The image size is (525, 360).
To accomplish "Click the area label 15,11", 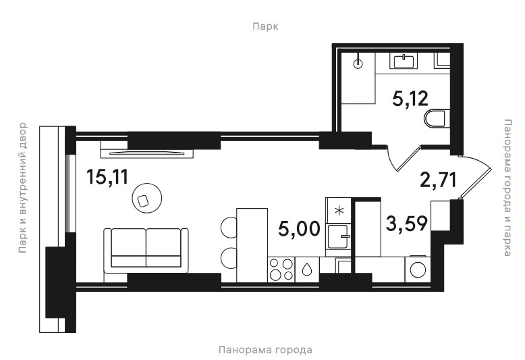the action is click(x=107, y=177).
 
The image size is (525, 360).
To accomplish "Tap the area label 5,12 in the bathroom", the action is click(x=410, y=99).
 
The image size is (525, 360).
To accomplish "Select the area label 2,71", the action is click(x=438, y=180).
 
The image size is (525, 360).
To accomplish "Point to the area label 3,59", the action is click(x=406, y=224).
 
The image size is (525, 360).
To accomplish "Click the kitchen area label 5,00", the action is click(x=299, y=230).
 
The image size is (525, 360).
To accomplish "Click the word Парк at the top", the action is click(x=265, y=26).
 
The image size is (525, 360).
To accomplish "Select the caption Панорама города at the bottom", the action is click(x=265, y=350).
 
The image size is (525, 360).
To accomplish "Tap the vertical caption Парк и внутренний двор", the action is click(x=22, y=187).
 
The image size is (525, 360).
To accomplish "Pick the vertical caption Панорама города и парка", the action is click(x=507, y=187).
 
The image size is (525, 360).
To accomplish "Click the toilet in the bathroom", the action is click(x=436, y=118).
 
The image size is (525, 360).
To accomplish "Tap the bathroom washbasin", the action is click(x=404, y=61).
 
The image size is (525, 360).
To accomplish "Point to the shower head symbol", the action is click(x=358, y=63).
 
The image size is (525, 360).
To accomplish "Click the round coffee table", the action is click(x=147, y=197).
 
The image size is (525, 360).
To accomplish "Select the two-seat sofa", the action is click(x=146, y=251).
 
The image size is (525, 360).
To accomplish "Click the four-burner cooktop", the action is click(x=281, y=270).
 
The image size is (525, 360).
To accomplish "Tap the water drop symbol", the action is click(x=306, y=270).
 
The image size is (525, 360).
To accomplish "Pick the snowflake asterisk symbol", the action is click(x=339, y=211).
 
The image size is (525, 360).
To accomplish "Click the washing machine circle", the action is click(x=418, y=270).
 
